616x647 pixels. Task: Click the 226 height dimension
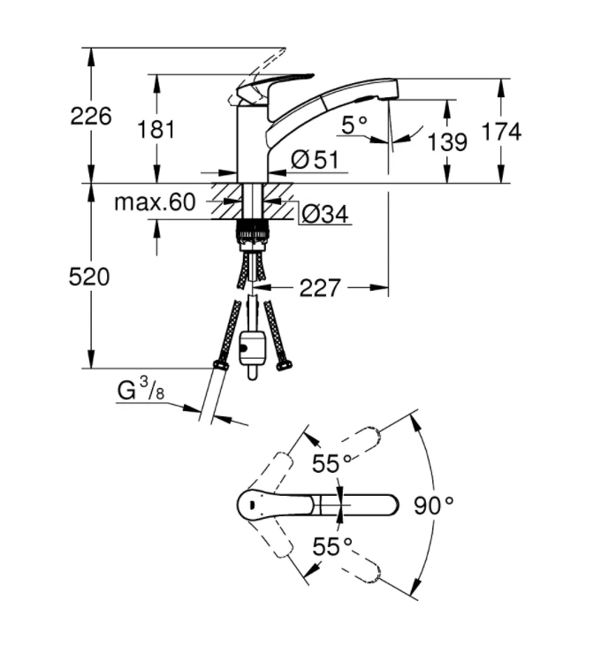click(91, 116)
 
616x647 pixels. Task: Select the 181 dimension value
click(156, 130)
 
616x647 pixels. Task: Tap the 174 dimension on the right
click(501, 132)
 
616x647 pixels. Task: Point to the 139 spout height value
click(447, 141)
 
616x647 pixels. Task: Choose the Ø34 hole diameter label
click(324, 214)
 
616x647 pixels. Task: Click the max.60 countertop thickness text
click(155, 202)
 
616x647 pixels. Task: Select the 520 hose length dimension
click(90, 277)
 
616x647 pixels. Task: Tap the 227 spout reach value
click(319, 287)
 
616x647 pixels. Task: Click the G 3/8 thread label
click(140, 391)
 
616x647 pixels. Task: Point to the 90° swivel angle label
click(433, 505)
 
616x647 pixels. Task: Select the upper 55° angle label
click(331, 463)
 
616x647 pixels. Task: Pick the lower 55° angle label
click(331, 547)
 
